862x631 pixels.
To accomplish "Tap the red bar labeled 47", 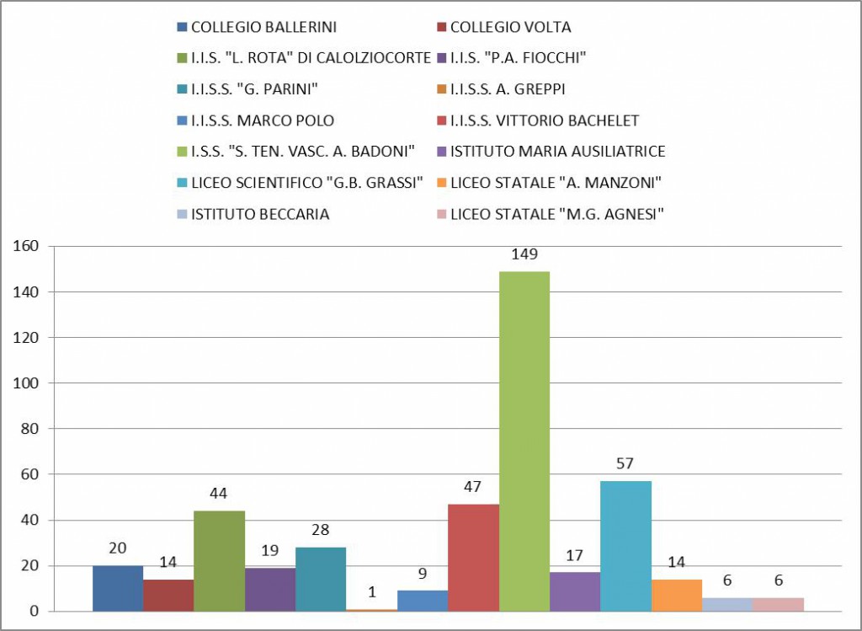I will click(473, 557).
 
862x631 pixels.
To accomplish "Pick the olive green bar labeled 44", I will click(219, 560).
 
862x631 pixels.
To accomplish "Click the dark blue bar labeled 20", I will click(118, 587).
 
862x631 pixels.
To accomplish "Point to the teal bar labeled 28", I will click(321, 579).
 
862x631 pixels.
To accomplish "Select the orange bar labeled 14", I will click(677, 595).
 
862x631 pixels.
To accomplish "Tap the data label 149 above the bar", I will click(524, 254).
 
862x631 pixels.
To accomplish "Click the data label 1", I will click(371, 592).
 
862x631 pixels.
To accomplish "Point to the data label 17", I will click(575, 555).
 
